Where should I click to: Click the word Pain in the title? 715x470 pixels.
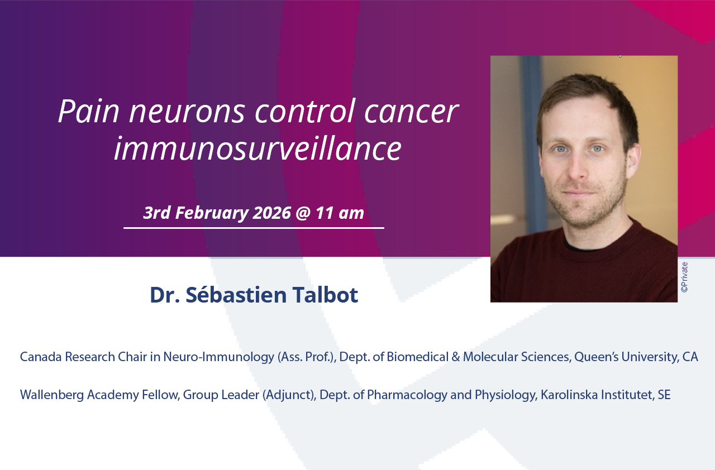pos(88,111)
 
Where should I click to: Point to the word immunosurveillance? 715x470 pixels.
pos(258,149)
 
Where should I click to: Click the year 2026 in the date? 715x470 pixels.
pos(271,213)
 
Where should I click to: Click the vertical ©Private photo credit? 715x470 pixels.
pos(684,277)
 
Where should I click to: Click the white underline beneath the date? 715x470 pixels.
pos(254,228)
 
